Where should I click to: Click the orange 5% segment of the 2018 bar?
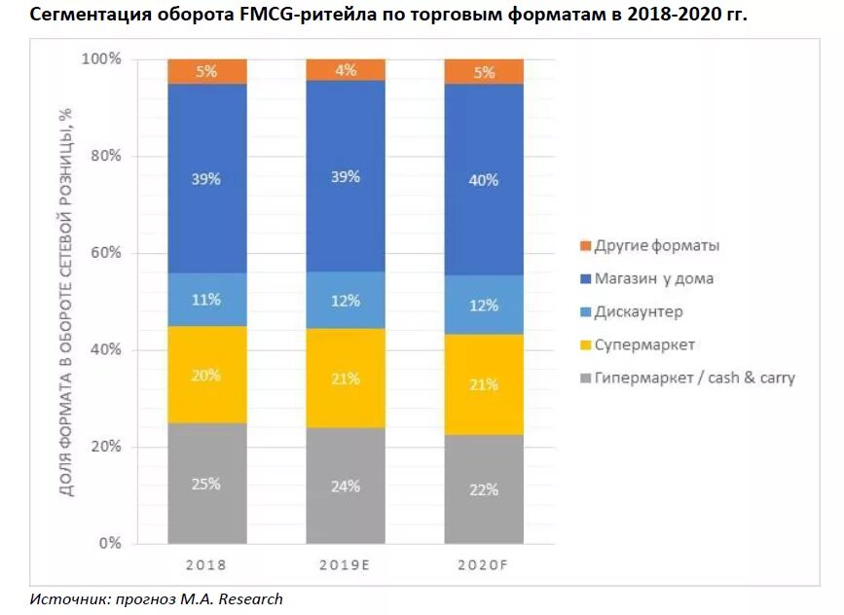click(206, 71)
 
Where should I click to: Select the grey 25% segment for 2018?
click(206, 484)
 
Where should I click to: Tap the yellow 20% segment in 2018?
click(206, 375)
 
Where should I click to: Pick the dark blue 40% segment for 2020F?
click(484, 180)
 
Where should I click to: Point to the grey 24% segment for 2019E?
click(346, 486)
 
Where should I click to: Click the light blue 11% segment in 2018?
click(206, 300)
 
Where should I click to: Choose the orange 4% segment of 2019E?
click(346, 69)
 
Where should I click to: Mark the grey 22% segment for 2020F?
click(484, 489)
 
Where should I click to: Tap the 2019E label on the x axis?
click(346, 565)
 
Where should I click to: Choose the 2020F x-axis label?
click(484, 565)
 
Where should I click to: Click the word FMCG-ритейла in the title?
click(303, 16)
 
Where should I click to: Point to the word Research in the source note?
click(248, 598)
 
